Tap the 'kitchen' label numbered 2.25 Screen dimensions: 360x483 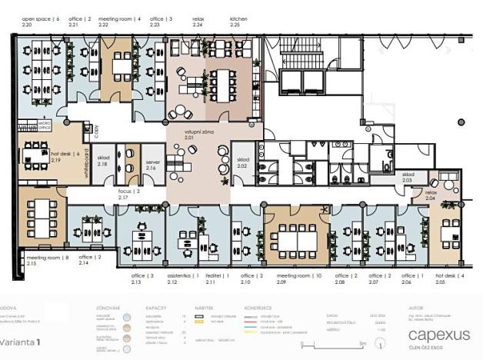pos(239,18)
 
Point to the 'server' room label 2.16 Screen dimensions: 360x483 pos(155,163)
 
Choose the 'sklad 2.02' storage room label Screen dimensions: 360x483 pos(241,162)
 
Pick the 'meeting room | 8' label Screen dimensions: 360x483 pos(47,257)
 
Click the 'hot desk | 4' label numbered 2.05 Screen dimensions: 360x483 pos(450,275)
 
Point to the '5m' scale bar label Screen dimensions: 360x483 pos(361,344)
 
